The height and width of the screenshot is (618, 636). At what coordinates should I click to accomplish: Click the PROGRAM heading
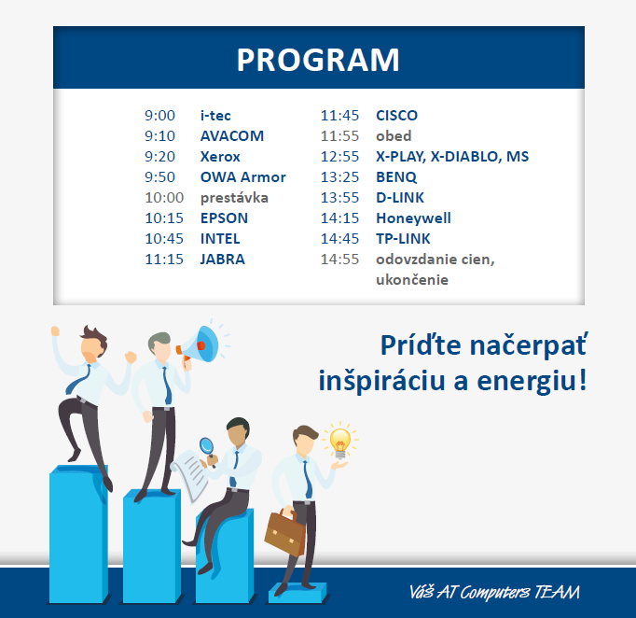318,60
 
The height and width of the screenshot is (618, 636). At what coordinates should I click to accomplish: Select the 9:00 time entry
159,116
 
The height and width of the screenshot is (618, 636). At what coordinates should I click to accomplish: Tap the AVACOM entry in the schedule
232,136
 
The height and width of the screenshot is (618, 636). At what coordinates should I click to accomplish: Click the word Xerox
220,157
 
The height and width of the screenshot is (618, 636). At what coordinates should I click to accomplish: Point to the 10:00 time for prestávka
164,198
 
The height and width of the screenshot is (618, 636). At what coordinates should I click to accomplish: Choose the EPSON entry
224,218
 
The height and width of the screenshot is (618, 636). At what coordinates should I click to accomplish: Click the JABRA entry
223,260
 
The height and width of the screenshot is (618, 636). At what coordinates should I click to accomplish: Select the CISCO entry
396,116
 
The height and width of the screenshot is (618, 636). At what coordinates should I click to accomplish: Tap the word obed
394,136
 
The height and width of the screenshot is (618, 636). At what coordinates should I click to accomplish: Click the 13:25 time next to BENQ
339,177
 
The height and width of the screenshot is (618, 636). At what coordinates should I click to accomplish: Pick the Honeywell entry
413,218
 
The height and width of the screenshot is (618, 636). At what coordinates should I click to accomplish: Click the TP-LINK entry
403,239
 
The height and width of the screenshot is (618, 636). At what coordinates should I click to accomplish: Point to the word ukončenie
412,280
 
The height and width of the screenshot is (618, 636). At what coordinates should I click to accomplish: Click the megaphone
198,344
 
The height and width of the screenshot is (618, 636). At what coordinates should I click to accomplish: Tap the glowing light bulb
339,442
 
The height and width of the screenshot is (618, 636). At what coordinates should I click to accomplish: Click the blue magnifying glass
207,449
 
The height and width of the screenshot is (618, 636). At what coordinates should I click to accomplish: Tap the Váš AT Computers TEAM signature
494,593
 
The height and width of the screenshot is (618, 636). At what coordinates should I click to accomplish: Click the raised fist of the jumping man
56,330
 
